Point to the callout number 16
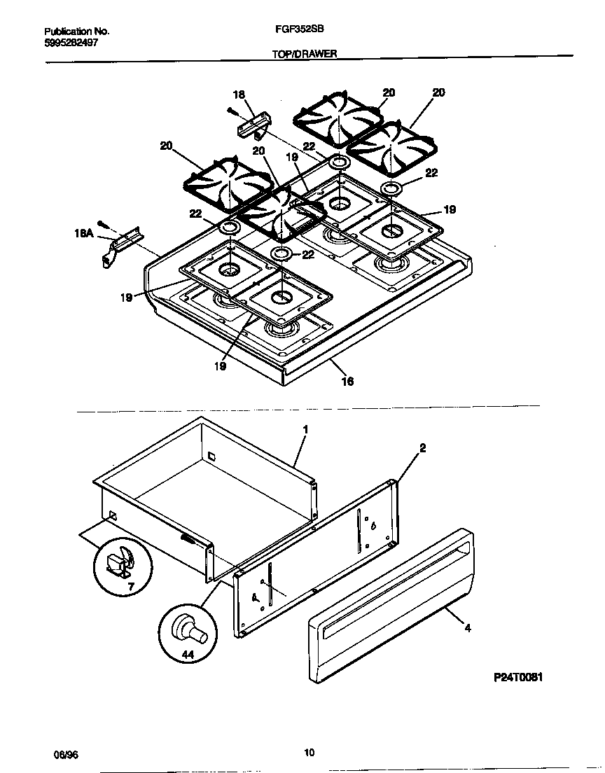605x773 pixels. click(x=347, y=382)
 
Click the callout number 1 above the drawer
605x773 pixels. click(x=305, y=428)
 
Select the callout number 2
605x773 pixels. click(x=422, y=447)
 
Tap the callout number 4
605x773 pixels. click(x=467, y=628)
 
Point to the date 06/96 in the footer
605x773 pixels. click(x=64, y=754)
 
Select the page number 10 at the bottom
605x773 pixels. click(x=309, y=753)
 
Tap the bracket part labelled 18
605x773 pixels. click(x=253, y=128)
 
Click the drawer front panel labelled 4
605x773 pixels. click(x=390, y=606)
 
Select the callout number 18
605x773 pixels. click(x=239, y=95)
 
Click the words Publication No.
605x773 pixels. click(x=76, y=32)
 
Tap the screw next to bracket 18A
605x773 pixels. click(x=103, y=224)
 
